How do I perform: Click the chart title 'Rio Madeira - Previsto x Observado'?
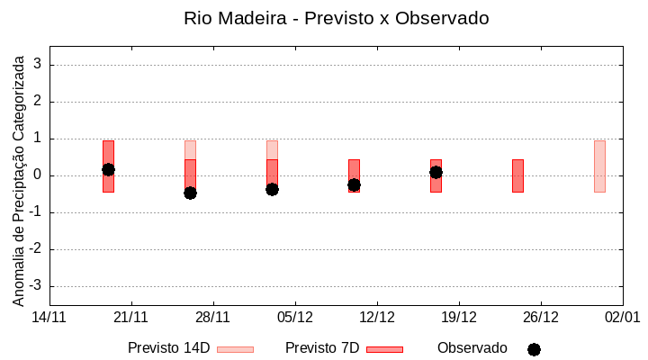pyautogui.click(x=336, y=18)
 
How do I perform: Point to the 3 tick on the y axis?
pyautogui.click(x=39, y=65)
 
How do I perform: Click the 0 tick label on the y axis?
pyautogui.click(x=39, y=175)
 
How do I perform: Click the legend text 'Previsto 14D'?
pyautogui.click(x=168, y=348)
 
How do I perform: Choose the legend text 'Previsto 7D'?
pyautogui.click(x=321, y=348)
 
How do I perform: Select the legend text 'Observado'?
pyautogui.click(x=472, y=348)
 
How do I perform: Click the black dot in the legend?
pyautogui.click(x=534, y=349)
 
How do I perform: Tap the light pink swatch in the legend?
pyautogui.click(x=235, y=349)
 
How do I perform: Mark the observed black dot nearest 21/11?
pyautogui.click(x=108, y=169)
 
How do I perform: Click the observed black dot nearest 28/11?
pyautogui.click(x=190, y=193)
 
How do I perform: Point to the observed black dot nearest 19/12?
pyautogui.click(x=436, y=172)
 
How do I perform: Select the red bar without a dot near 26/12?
pyautogui.click(x=517, y=175)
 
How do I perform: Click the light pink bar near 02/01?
pyautogui.click(x=599, y=166)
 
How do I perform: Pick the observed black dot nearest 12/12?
pyautogui.click(x=354, y=184)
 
